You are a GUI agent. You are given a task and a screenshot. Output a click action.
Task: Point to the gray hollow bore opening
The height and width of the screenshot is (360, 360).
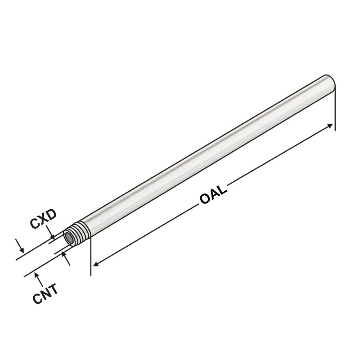(x=69, y=237)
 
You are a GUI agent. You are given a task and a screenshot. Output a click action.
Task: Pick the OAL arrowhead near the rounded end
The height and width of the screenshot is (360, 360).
(x=331, y=126)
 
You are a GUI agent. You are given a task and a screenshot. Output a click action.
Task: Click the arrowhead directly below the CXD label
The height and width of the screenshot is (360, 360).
(x=53, y=236)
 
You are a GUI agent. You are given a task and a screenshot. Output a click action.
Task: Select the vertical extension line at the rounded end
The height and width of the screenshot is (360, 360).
(x=335, y=108)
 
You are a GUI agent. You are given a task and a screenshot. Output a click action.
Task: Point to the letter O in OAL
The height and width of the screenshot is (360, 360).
(x=205, y=200)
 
